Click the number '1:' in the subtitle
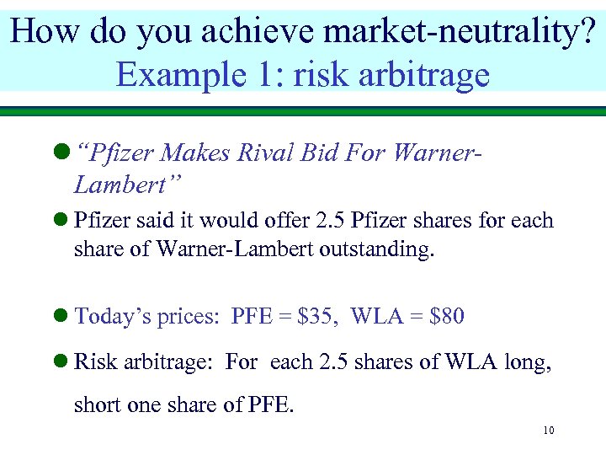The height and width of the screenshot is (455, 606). [x=272, y=74]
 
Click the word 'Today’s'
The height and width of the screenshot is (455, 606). [x=108, y=317]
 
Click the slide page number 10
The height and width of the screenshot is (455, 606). [x=548, y=431]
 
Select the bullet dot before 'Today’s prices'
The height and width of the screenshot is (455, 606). [x=60, y=318]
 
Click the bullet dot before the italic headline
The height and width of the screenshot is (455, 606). [x=60, y=154]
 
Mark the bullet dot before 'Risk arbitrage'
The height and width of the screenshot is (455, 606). [x=60, y=363]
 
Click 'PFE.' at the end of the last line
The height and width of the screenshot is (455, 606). [x=272, y=405]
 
